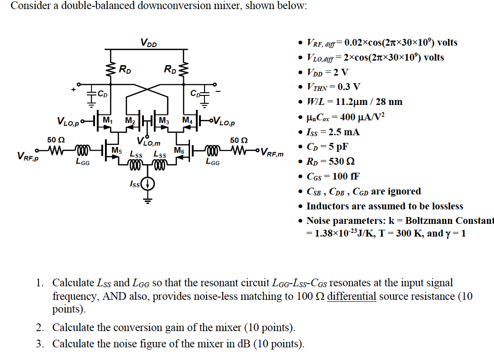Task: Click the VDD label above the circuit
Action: coord(148,43)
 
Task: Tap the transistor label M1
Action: coord(107,120)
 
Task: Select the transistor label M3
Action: coord(164,120)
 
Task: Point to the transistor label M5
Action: coord(116,150)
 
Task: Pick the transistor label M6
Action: coord(179,150)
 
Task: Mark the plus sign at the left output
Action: coord(73,90)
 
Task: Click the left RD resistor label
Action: coord(125,70)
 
